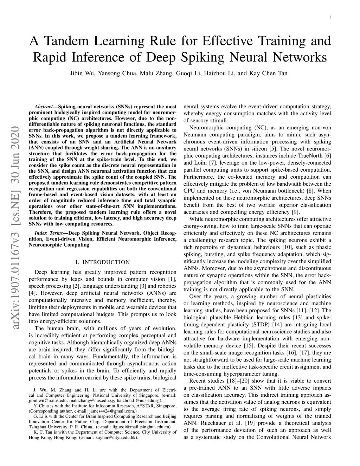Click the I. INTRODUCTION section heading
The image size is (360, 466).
[103, 262]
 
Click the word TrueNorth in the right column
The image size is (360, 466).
[310, 155]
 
